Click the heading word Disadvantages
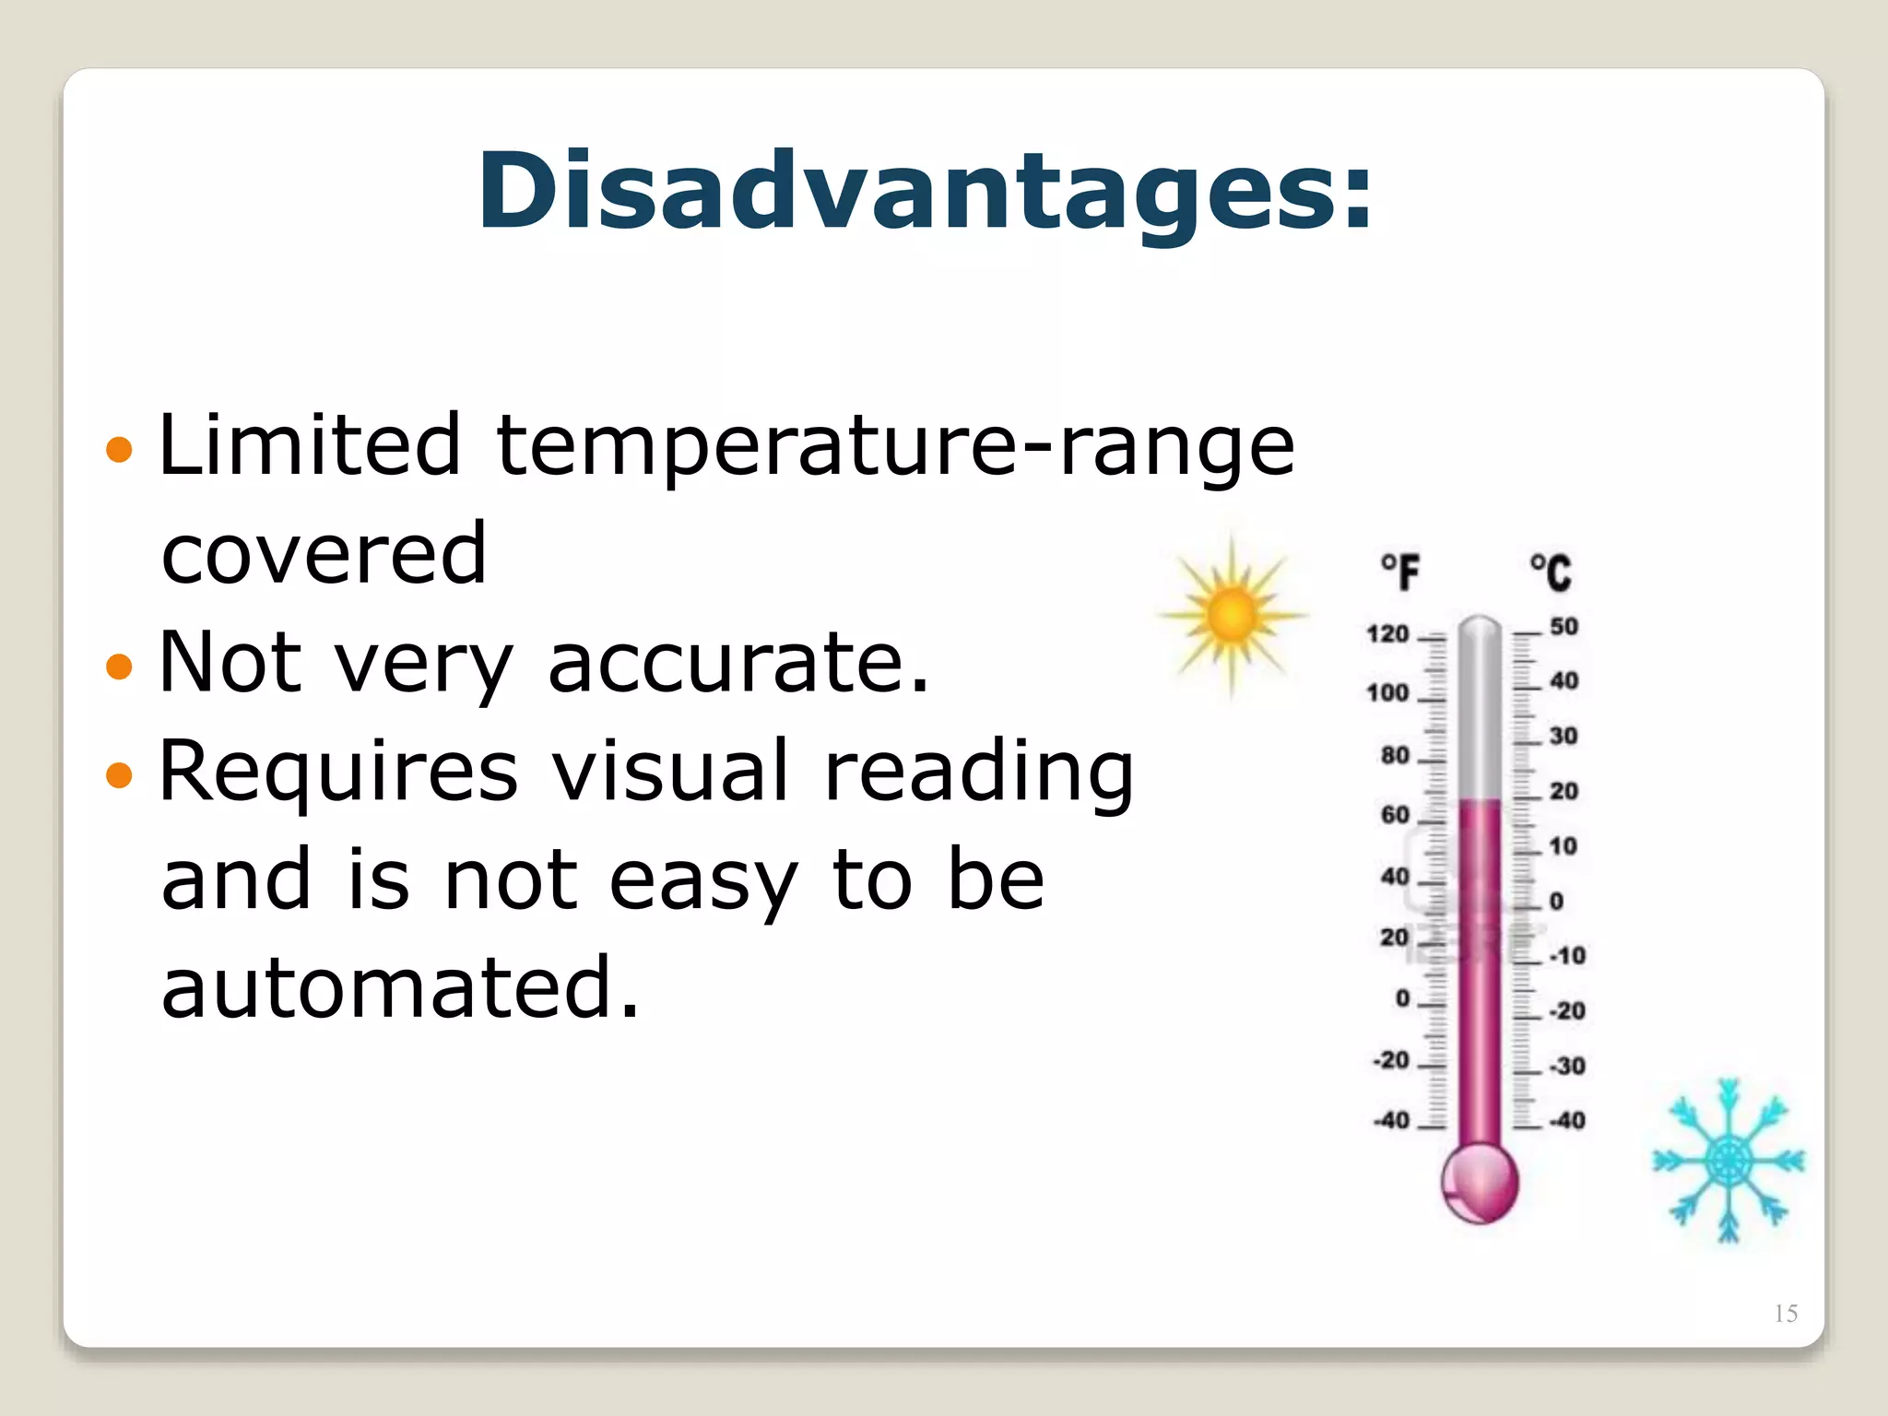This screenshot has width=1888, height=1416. [925, 190]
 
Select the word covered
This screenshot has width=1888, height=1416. [324, 554]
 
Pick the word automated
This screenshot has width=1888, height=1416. [400, 987]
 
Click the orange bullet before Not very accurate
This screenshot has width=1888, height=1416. [119, 666]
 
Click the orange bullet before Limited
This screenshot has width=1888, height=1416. [119, 450]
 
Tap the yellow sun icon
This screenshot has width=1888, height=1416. [1233, 615]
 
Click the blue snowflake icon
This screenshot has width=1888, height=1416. [1728, 1161]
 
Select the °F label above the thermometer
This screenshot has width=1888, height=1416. [1400, 572]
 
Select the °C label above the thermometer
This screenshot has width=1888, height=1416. [1551, 572]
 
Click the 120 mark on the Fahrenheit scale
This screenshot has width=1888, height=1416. [1387, 634]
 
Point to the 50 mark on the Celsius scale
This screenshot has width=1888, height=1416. [1563, 627]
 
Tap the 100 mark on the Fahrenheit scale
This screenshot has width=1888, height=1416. [1387, 692]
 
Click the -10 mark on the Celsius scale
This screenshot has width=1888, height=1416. [1567, 955]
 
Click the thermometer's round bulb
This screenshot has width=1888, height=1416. [1480, 1182]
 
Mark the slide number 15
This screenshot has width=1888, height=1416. [1786, 1313]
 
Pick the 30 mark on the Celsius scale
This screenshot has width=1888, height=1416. [1563, 736]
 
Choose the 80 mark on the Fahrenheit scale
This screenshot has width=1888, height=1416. [1395, 755]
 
